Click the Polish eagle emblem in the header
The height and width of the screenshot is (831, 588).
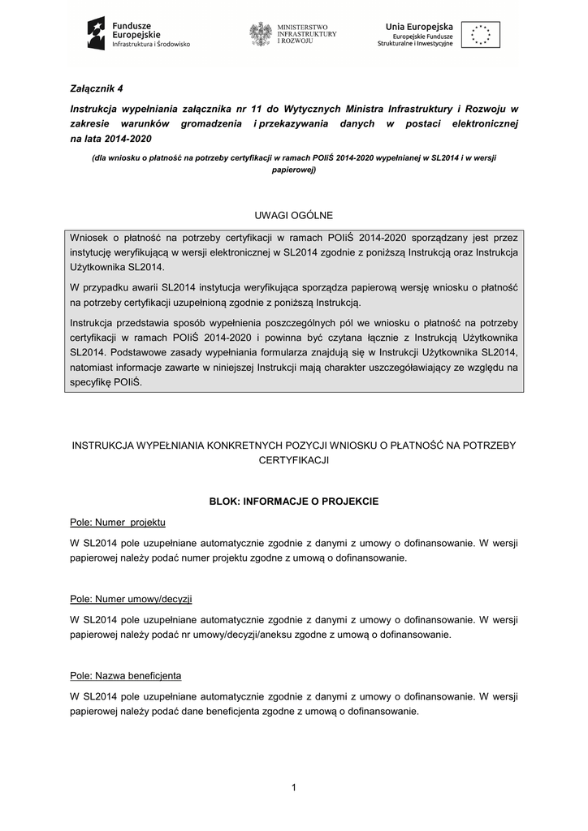click(261, 34)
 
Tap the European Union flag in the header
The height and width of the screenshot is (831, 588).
click(481, 34)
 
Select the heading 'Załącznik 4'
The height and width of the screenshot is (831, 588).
click(97, 88)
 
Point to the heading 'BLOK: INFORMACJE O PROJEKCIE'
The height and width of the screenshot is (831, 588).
click(293, 502)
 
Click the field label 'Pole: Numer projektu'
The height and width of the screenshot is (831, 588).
click(118, 521)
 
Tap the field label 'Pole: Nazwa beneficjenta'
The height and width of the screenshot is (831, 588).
click(126, 675)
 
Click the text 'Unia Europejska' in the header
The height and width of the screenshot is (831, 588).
click(419, 27)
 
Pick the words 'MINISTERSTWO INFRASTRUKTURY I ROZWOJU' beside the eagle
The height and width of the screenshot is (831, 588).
click(306, 34)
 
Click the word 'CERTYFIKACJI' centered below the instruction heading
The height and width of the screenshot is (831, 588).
click(293, 459)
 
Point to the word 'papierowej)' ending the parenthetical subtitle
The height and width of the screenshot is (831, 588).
click(293, 170)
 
